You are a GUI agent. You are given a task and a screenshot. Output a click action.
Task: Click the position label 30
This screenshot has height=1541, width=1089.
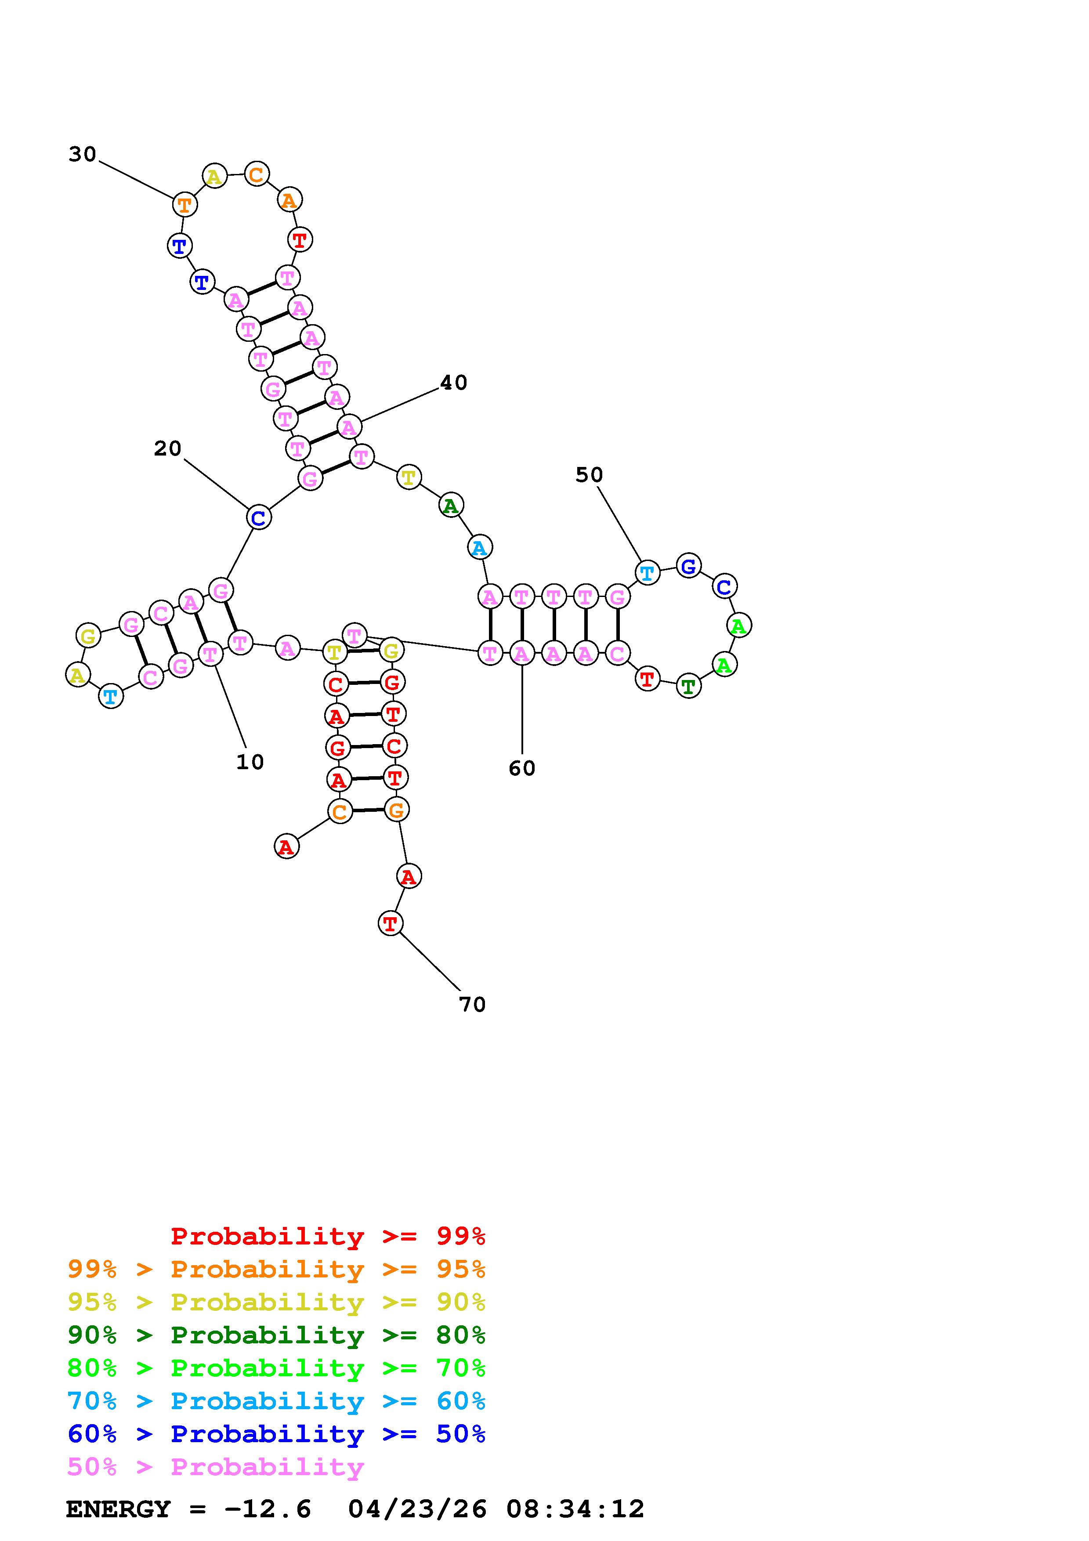[83, 155]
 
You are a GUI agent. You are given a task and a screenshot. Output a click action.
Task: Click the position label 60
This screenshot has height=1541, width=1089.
[521, 768]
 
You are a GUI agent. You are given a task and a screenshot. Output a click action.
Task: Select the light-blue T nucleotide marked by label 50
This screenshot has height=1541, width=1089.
[647, 574]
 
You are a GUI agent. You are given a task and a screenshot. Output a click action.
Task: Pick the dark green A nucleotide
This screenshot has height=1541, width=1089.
[451, 505]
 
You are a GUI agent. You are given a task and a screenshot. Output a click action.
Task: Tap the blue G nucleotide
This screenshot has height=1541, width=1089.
[688, 567]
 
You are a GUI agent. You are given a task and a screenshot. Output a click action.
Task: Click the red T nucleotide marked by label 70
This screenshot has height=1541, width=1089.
[390, 924]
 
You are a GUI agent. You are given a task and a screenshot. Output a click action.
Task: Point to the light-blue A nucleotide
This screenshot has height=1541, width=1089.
[479, 548]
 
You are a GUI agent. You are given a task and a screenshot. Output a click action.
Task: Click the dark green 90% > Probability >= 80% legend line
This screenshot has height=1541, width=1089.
[276, 1335]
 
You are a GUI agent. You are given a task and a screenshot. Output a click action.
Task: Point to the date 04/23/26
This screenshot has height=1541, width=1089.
[417, 1509]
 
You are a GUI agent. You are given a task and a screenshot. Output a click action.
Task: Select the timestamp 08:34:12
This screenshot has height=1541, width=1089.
[575, 1509]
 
